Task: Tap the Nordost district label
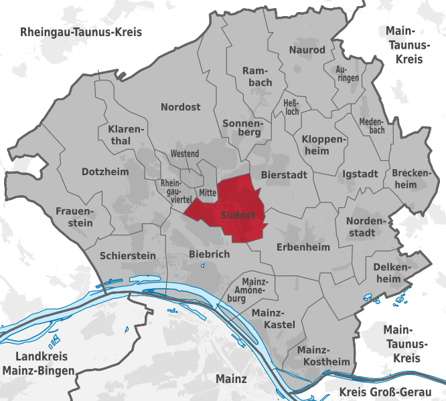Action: click(181, 106)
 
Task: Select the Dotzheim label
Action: click(104, 172)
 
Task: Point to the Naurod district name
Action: click(307, 50)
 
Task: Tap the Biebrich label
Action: click(210, 254)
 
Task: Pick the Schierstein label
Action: click(127, 255)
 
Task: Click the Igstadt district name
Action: click(360, 174)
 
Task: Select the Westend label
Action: click(185, 154)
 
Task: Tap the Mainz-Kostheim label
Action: click(323, 356)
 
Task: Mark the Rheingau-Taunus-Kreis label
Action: click(81, 32)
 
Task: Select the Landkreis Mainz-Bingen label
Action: click(38, 363)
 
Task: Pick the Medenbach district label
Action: click(372, 126)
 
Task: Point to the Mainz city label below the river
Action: click(232, 379)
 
